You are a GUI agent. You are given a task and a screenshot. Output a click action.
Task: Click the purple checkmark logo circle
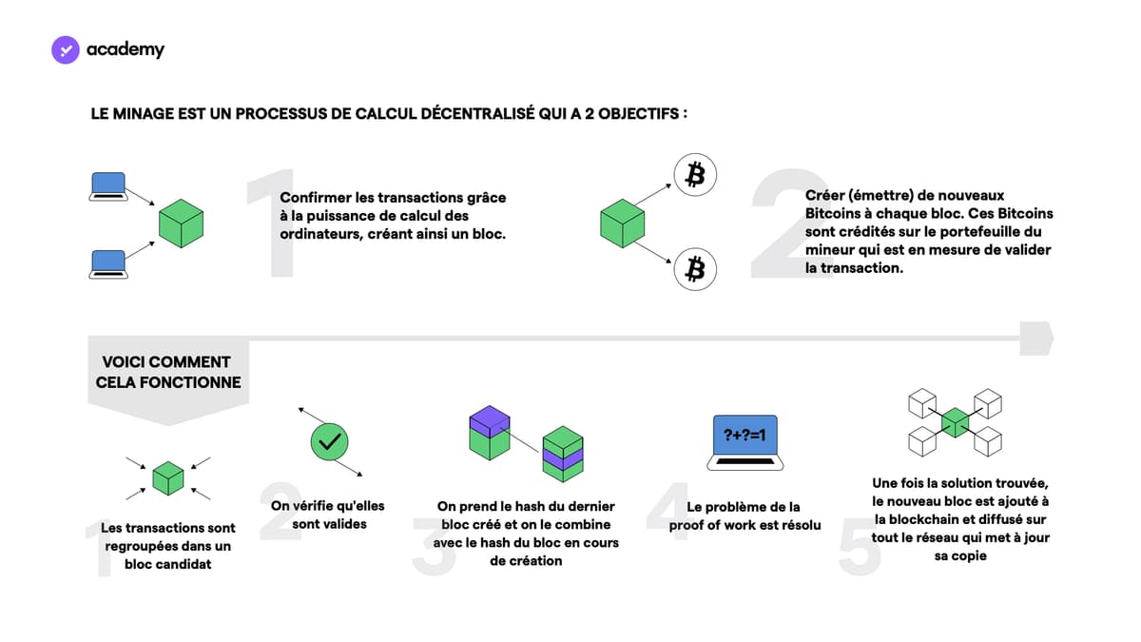click(66, 49)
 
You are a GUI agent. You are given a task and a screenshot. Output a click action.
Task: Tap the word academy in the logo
click(126, 49)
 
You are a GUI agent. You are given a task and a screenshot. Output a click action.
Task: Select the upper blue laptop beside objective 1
click(108, 186)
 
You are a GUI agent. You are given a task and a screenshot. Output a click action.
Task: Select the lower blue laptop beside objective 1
click(108, 264)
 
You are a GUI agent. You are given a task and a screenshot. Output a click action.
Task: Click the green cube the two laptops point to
click(181, 224)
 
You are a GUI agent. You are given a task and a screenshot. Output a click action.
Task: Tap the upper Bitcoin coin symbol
click(695, 175)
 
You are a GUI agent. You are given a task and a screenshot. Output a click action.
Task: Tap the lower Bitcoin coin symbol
click(695, 269)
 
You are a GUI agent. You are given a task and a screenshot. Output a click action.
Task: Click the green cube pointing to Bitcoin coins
click(623, 224)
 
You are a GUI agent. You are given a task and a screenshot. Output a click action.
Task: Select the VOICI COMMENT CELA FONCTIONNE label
click(168, 373)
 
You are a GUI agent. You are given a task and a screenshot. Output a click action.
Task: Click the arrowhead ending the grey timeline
click(1036, 339)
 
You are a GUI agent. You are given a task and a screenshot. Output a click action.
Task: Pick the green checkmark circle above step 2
click(330, 441)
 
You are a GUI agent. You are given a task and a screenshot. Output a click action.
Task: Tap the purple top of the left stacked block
click(490, 420)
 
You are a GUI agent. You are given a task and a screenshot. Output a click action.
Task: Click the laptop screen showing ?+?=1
click(745, 435)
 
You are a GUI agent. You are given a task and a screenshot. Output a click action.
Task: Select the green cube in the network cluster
click(955, 422)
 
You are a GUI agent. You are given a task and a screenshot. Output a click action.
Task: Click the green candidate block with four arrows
click(168, 478)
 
